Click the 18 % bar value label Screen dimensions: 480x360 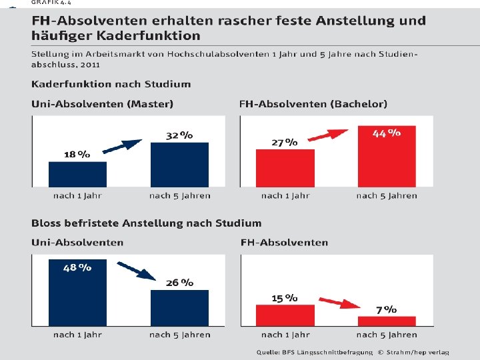pos(77,154)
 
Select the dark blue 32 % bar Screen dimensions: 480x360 pos(180,165)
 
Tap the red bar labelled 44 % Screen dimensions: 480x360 pos(387,156)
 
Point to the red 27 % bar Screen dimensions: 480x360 pos(285,168)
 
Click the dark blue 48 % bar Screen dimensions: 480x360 pos(78,293)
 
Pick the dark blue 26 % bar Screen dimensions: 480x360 pos(180,308)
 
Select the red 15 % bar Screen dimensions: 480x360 pos(285,315)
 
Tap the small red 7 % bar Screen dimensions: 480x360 pos(387,321)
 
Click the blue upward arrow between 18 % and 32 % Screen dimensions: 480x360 pos(122,146)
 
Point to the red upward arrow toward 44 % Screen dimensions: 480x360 pos(328,135)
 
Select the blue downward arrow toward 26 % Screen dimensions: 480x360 pos(137,271)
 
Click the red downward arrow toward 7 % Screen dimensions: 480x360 pos(339,303)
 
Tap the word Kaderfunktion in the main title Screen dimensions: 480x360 pos(149,36)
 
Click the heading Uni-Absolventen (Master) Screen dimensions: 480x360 pos(102,104)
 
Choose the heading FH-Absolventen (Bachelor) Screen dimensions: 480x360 pos(313,104)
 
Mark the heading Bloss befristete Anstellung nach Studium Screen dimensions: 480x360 pos(146,223)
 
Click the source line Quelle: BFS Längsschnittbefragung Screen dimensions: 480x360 pos(315,353)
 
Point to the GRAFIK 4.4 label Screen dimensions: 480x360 pos(51,2)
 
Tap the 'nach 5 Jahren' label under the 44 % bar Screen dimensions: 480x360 pos(387,196)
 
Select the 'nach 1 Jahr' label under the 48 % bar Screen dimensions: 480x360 pos(77,335)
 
